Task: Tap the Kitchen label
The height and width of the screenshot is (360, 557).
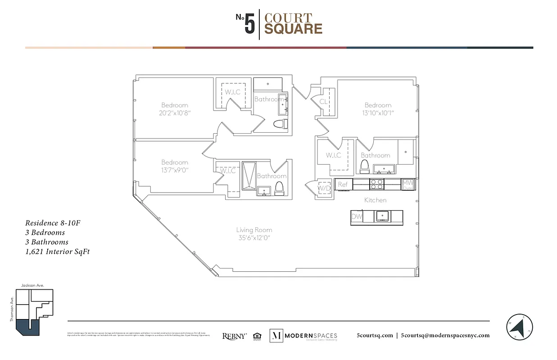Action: click(x=375, y=200)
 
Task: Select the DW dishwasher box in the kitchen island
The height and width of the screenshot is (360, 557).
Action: click(x=357, y=217)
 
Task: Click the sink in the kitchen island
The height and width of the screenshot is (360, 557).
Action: click(x=383, y=216)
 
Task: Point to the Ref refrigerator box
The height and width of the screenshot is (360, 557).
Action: click(x=343, y=184)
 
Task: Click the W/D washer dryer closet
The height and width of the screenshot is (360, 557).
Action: click(x=324, y=187)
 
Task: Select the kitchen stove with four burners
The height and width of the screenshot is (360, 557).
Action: click(x=376, y=184)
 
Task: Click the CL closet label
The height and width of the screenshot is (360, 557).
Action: click(x=323, y=102)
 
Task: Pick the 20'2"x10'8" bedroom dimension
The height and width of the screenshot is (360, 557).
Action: click(x=175, y=113)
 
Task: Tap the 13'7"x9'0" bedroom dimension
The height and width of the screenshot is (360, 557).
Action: click(x=174, y=170)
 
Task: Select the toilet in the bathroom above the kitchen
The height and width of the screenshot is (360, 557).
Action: click(x=364, y=166)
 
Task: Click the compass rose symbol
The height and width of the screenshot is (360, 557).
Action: click(x=519, y=326)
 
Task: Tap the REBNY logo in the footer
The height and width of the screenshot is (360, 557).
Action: click(x=234, y=336)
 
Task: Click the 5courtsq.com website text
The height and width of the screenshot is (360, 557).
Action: click(x=374, y=335)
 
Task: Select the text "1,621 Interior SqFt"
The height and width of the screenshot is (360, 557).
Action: click(x=57, y=252)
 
